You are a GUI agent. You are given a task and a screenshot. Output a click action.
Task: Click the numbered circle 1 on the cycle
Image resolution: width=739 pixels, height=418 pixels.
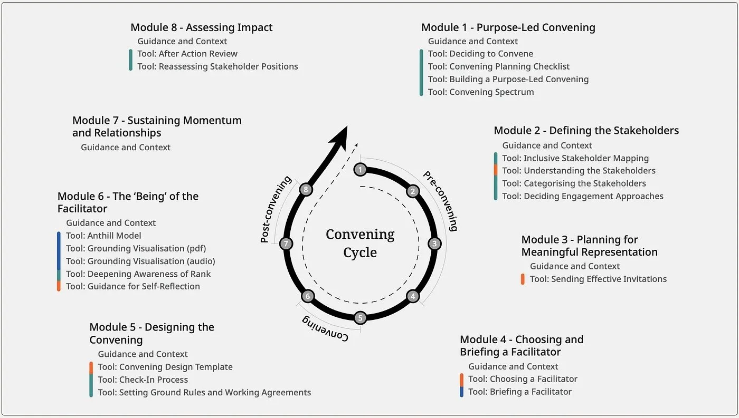click(360, 169)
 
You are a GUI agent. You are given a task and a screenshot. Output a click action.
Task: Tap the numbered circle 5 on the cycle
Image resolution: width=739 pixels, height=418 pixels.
click(360, 318)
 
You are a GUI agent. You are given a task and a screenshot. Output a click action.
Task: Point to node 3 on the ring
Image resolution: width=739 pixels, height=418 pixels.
click(434, 244)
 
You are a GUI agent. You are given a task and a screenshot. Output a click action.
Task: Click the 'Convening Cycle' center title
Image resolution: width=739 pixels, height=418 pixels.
click(360, 243)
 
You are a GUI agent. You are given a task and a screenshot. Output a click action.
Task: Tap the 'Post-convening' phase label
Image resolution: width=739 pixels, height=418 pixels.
click(276, 209)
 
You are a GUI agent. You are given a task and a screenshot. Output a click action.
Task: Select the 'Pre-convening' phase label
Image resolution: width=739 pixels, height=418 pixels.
click(440, 201)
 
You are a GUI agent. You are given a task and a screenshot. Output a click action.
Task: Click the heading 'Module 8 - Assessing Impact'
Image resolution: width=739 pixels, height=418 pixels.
click(202, 27)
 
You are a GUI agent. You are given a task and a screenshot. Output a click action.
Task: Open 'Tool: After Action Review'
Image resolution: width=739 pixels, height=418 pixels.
click(187, 54)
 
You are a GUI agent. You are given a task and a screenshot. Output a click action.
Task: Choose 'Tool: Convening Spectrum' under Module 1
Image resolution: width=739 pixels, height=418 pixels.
click(481, 92)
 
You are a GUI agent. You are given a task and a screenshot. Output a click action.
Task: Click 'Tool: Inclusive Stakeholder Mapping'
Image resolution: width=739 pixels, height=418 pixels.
click(575, 158)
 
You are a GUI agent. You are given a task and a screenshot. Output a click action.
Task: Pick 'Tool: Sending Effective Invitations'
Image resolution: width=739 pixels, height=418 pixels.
click(598, 279)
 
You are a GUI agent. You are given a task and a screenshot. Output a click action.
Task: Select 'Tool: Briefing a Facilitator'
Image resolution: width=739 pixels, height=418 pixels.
click(520, 392)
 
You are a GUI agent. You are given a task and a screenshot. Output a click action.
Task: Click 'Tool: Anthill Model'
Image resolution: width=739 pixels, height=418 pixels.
click(103, 236)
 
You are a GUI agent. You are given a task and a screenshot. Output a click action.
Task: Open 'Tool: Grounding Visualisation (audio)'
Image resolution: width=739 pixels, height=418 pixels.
click(140, 261)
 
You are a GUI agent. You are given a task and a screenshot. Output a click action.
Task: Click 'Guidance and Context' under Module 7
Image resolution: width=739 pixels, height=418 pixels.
click(126, 148)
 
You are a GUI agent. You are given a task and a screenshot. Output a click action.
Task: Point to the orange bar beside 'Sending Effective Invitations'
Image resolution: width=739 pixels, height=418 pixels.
click(523, 279)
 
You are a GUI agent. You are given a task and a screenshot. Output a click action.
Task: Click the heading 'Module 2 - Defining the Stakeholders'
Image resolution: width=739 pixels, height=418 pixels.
click(586, 130)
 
